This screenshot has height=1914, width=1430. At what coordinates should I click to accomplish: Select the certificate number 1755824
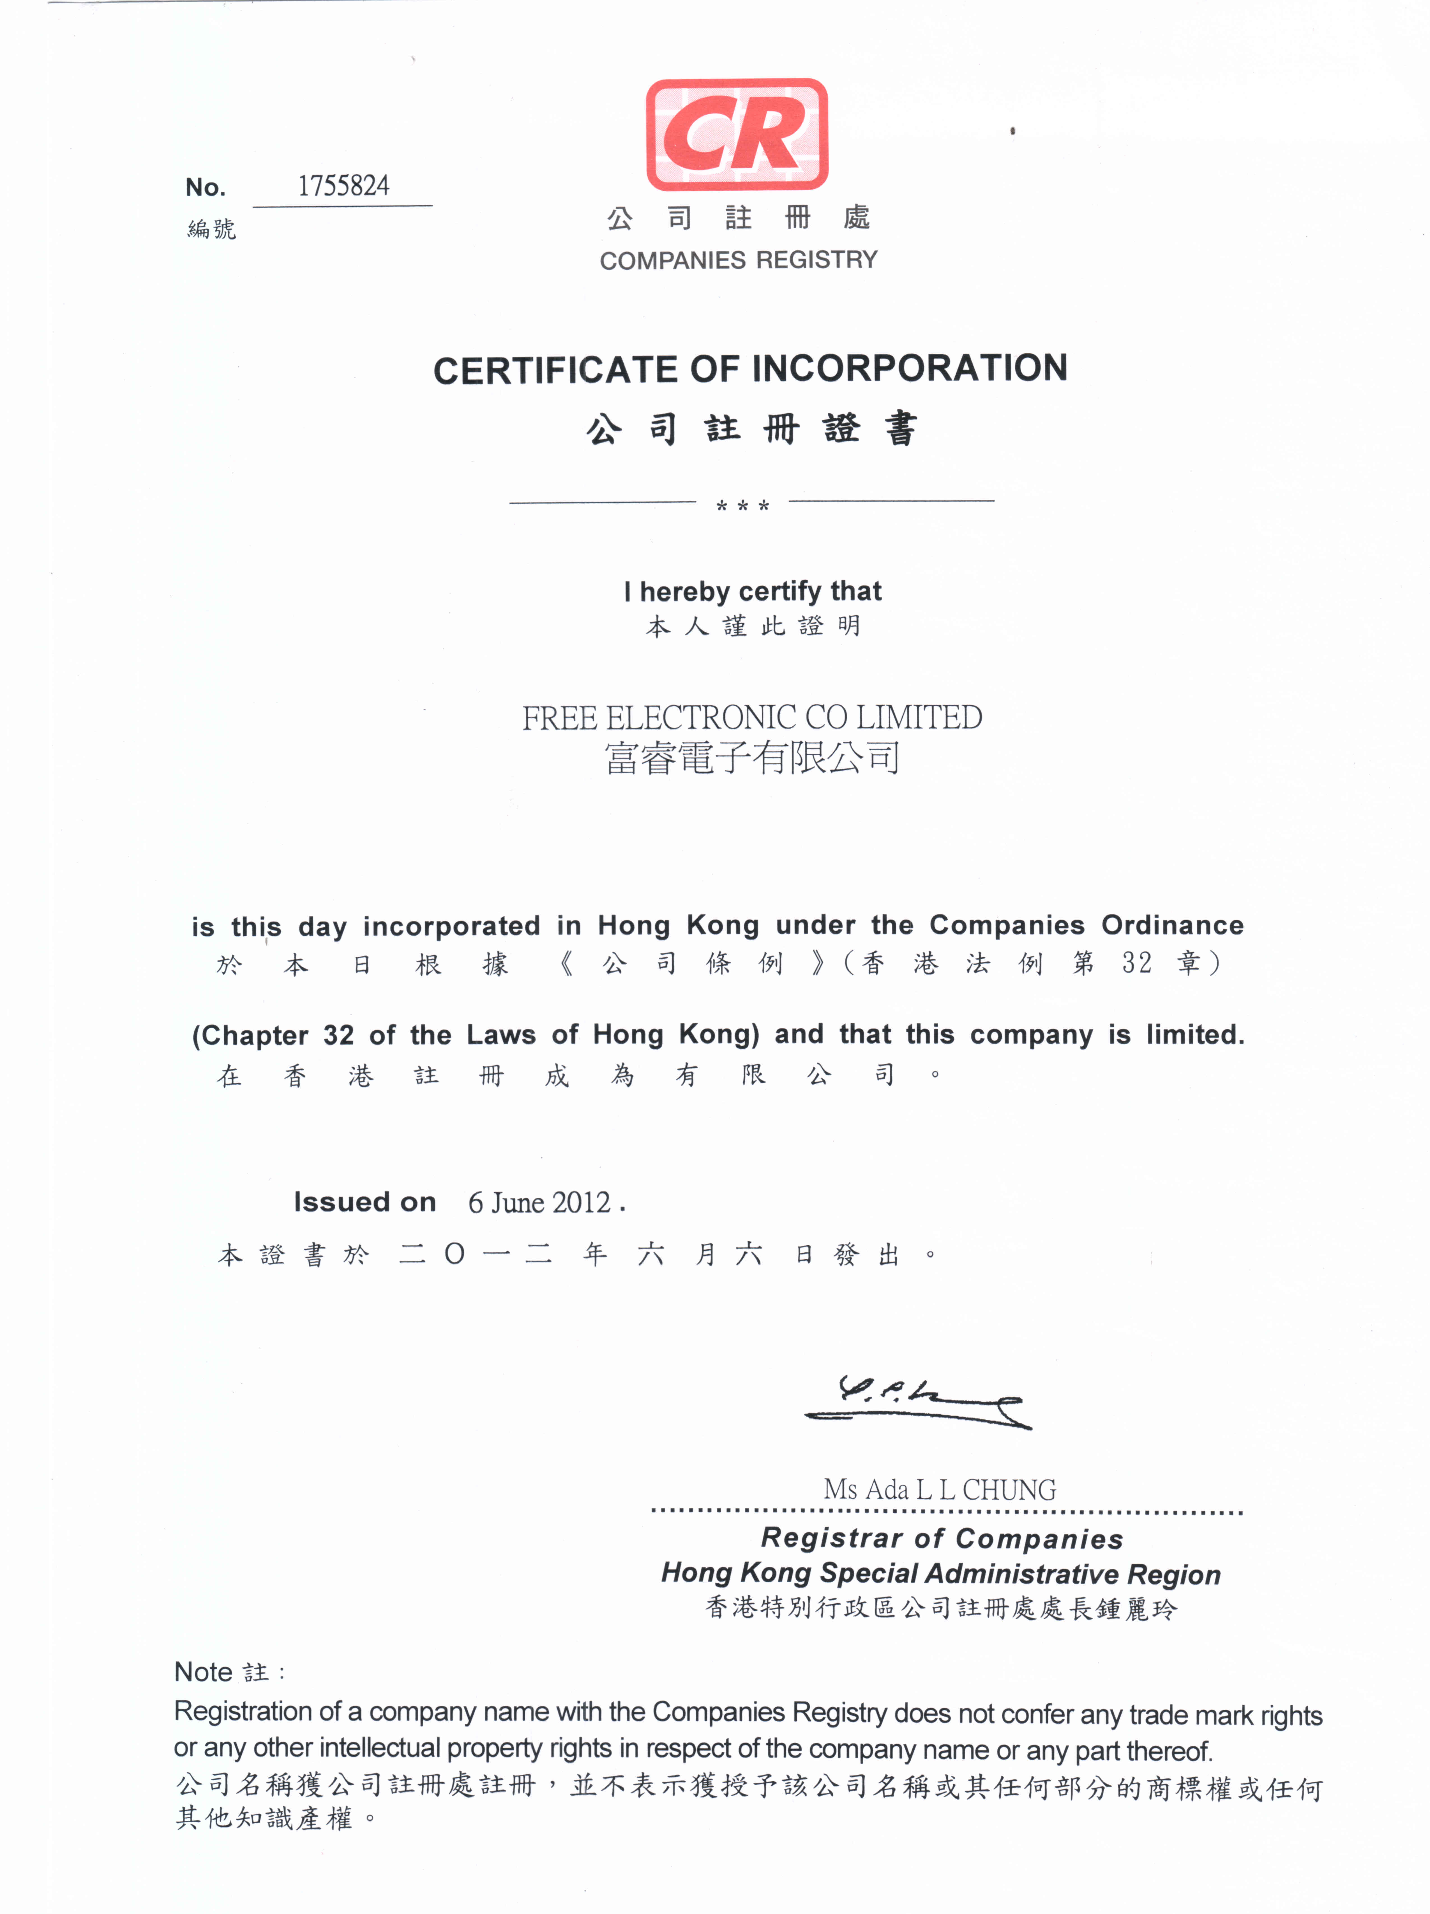coord(344,186)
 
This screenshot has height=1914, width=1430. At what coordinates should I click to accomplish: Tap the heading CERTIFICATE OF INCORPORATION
coord(749,370)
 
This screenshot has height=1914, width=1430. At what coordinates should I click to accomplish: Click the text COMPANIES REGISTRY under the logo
coord(738,260)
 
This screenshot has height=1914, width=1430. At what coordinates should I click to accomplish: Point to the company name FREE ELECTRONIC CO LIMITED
coord(751,717)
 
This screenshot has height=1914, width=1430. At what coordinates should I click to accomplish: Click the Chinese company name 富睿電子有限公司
coord(751,758)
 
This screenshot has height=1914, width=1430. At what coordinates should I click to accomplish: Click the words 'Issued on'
coord(365,1202)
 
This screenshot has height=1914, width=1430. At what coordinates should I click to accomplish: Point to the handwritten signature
coord(917,1402)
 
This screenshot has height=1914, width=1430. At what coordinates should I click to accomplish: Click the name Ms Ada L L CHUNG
coord(939,1489)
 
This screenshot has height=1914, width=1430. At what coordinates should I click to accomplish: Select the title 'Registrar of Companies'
coord(942,1539)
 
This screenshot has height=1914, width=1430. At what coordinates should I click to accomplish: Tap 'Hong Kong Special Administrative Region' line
coord(941,1573)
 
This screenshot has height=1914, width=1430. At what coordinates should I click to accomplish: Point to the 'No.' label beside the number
coord(205,187)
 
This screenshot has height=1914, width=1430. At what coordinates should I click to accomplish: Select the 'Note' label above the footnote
coord(203,1672)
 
